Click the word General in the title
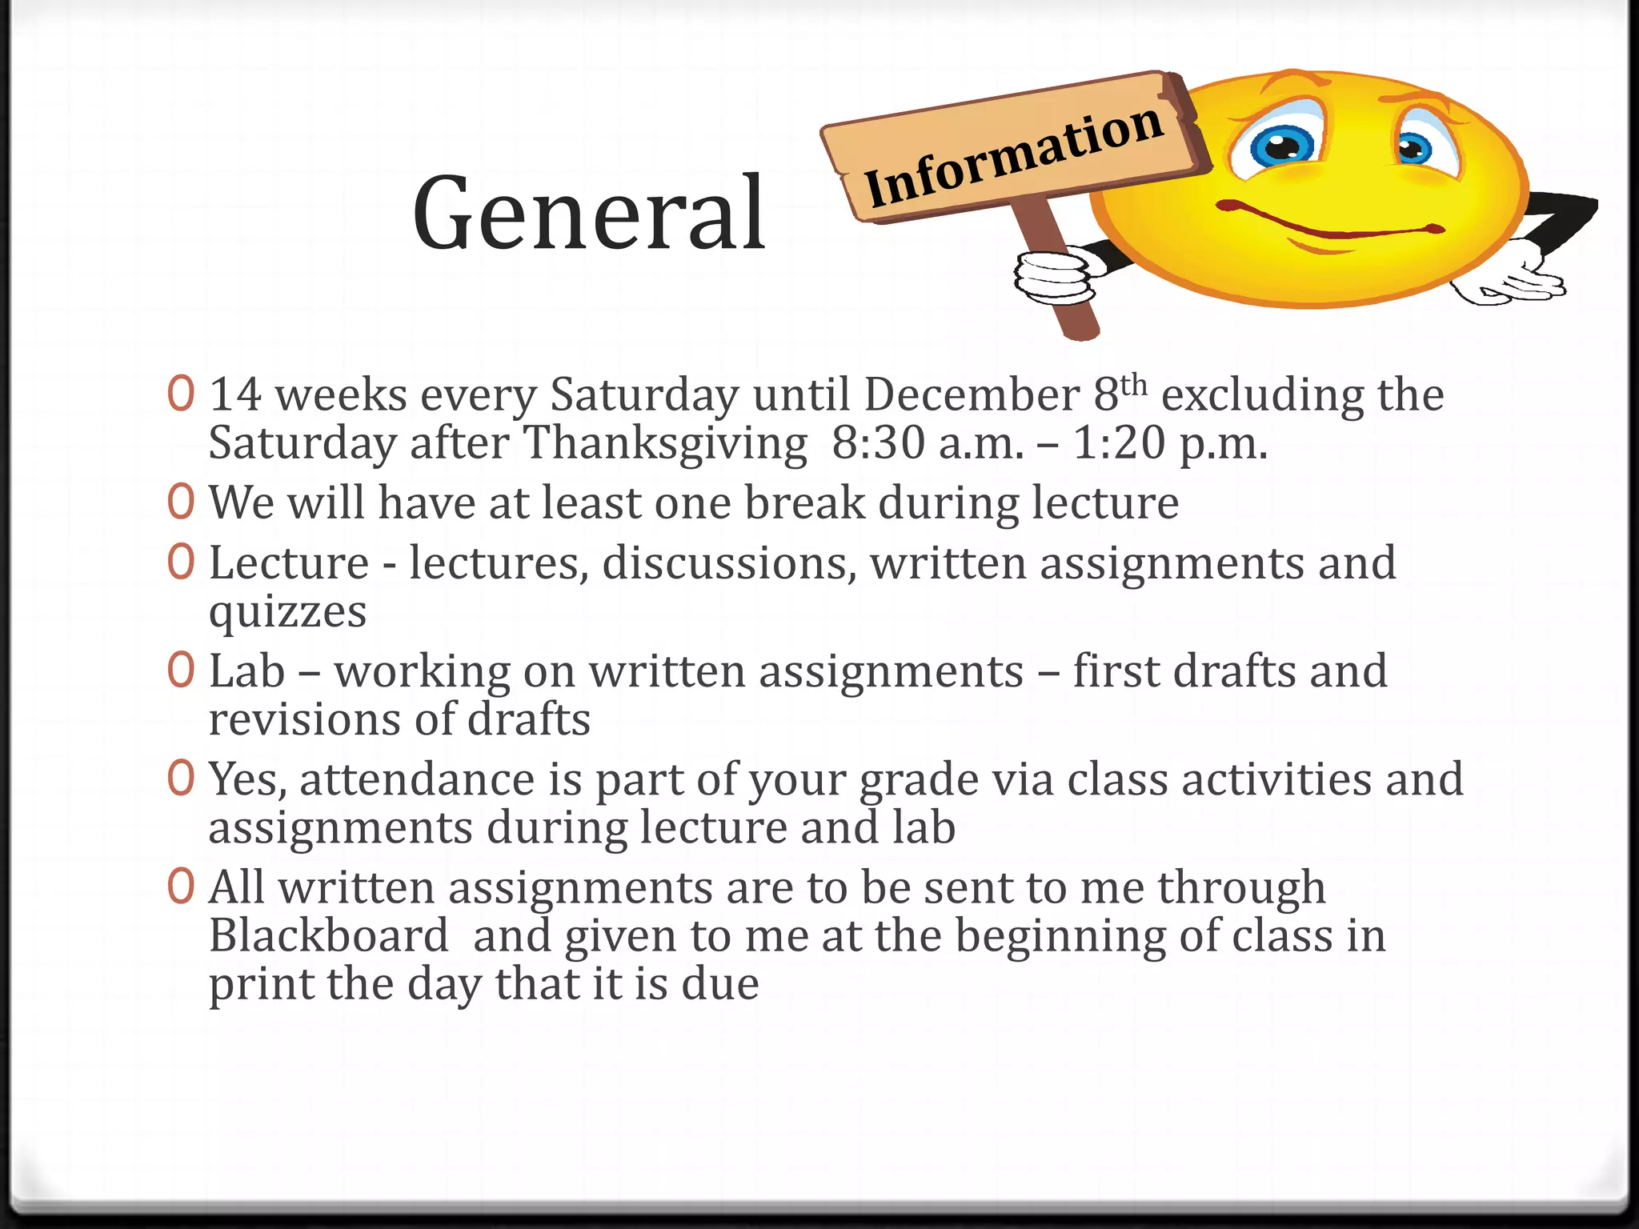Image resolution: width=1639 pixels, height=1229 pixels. (589, 214)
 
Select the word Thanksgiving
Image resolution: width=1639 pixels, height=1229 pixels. (665, 443)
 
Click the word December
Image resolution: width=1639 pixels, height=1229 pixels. (972, 395)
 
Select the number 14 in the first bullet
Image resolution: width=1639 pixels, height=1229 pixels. (235, 395)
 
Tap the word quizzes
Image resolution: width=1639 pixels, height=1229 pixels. (287, 613)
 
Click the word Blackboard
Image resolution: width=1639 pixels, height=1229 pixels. (329, 936)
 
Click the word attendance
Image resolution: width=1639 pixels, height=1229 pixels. (417, 780)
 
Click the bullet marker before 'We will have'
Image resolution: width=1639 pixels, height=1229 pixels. (182, 502)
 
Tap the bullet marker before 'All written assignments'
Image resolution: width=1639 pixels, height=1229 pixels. (182, 887)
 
